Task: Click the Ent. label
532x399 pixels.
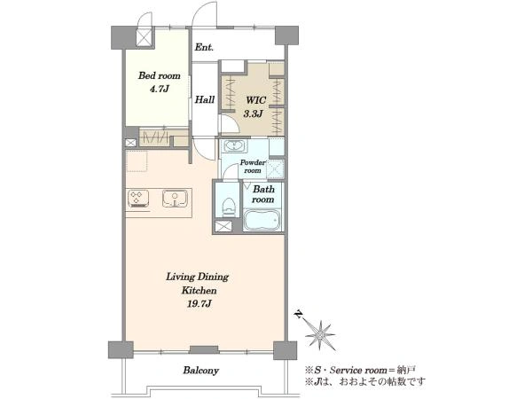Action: click(x=204, y=48)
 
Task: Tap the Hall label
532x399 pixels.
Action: click(x=205, y=99)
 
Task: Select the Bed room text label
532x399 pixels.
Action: click(x=159, y=75)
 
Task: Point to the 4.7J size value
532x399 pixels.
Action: click(x=159, y=90)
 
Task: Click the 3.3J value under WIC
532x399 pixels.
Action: click(x=253, y=114)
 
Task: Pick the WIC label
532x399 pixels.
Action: click(x=256, y=100)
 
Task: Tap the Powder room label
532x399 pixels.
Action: click(x=253, y=167)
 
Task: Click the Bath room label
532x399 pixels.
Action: click(x=263, y=194)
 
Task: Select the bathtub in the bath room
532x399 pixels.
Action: click(x=262, y=220)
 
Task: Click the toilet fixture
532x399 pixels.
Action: click(x=229, y=207)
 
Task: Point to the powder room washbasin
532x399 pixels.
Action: click(x=235, y=146)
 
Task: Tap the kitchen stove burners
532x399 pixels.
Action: click(x=138, y=199)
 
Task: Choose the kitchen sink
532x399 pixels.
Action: click(x=175, y=199)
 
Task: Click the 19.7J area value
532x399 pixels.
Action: click(x=199, y=304)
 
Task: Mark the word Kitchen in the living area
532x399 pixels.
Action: click(x=199, y=291)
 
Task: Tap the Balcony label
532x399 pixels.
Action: click(x=201, y=370)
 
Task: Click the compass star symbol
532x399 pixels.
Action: click(x=320, y=335)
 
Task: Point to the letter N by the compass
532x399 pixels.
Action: click(x=299, y=315)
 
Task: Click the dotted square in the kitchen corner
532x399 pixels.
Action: click(x=137, y=161)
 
